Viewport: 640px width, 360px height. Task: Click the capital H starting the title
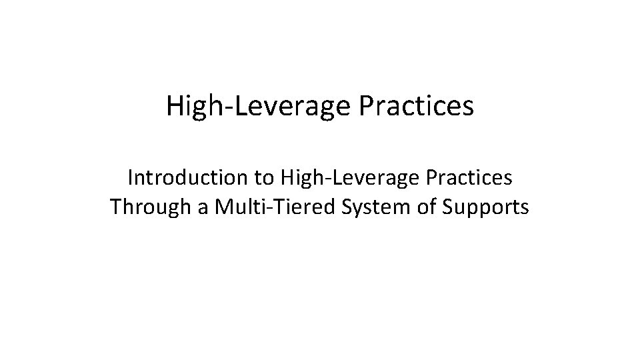point(175,107)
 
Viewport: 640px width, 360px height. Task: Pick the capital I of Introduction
point(130,178)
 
